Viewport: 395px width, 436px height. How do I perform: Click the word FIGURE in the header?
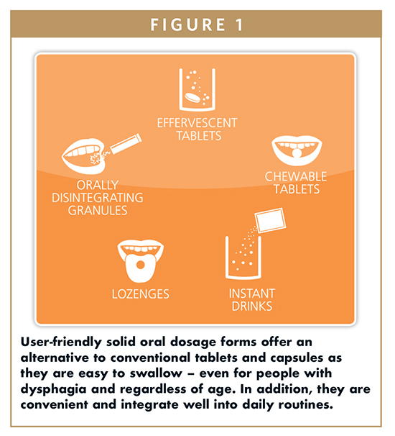[188, 24]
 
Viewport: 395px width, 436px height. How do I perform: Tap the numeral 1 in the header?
[239, 24]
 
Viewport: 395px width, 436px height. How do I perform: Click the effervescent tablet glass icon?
[197, 89]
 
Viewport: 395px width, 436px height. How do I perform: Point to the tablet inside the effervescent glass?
[192, 97]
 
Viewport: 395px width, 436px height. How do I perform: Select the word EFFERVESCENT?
[197, 123]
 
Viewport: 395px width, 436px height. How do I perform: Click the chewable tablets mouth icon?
[297, 150]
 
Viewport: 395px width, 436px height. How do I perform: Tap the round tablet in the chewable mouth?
[297, 153]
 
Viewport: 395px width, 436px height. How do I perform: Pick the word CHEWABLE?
[296, 176]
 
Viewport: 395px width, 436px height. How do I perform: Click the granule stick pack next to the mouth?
[126, 143]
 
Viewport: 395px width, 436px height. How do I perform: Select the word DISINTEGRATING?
[98, 198]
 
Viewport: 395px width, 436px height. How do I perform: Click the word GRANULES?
[98, 211]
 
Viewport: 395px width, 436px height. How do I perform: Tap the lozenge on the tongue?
[141, 265]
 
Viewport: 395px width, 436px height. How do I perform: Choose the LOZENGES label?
[141, 294]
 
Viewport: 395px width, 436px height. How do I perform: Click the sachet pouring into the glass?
[271, 220]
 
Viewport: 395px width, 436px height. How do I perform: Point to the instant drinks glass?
[243, 258]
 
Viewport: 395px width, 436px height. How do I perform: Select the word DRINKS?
[252, 306]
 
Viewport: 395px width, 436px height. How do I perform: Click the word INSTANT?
[252, 294]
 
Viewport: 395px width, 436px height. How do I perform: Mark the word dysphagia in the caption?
[54, 389]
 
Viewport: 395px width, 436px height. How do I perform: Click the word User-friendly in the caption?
[61, 342]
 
